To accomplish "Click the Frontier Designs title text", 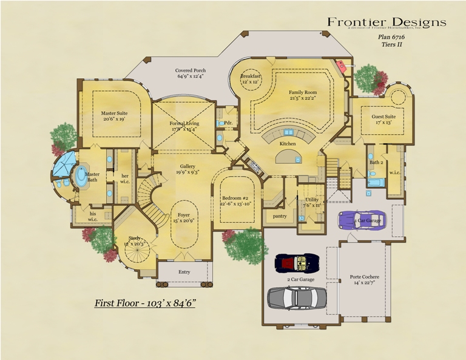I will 387,22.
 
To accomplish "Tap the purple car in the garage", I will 362,220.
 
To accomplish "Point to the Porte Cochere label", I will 364,279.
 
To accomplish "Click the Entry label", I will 184,272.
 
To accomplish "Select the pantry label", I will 280,216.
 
